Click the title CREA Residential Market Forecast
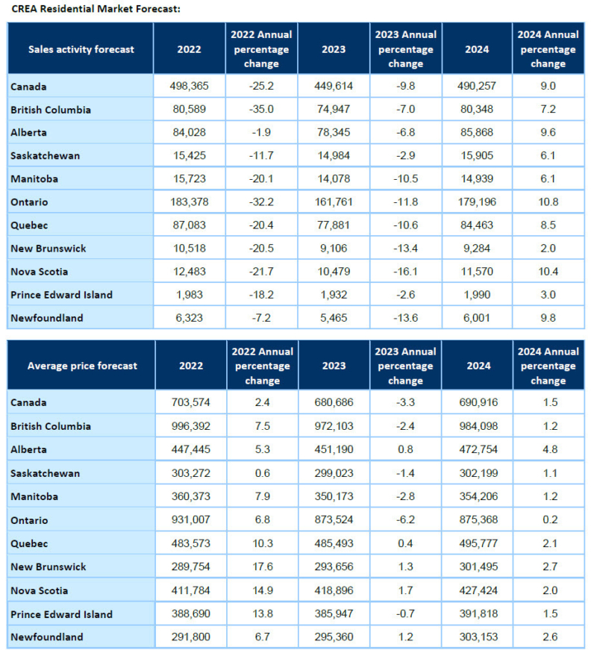(x=96, y=9)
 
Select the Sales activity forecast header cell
(x=81, y=49)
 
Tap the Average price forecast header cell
(x=82, y=366)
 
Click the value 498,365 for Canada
(x=190, y=86)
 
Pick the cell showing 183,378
(x=190, y=202)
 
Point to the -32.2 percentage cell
(x=261, y=202)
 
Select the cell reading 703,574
(x=191, y=402)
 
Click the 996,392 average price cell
(x=191, y=426)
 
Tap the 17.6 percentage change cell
(x=263, y=566)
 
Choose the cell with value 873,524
(x=334, y=519)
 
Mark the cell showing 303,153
(x=478, y=637)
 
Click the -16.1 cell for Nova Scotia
(x=406, y=272)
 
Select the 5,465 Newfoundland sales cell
(x=334, y=317)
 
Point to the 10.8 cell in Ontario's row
(x=548, y=202)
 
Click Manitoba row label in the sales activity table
(x=34, y=179)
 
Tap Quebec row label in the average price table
(x=29, y=543)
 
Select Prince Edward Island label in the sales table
(x=61, y=295)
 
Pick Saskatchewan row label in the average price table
(x=46, y=473)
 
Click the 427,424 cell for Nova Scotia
(x=478, y=590)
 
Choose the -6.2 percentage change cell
(x=405, y=519)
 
